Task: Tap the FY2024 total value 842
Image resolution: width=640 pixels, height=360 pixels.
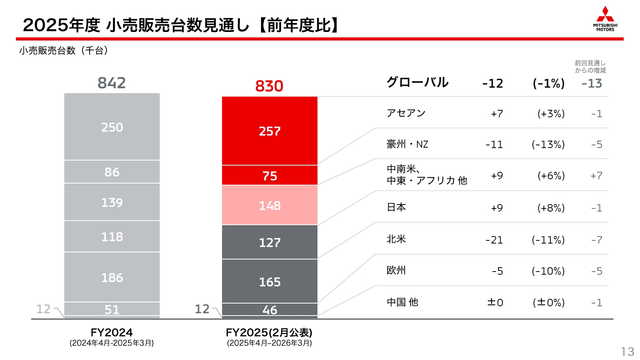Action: [111, 83]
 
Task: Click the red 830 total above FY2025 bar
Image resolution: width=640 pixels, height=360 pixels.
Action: [269, 86]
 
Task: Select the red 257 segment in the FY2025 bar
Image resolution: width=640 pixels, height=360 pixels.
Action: [270, 131]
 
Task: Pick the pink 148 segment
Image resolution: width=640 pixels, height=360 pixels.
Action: [270, 205]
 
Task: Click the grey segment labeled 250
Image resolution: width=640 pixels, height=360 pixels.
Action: [112, 127]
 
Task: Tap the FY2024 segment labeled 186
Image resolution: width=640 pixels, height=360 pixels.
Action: [112, 277]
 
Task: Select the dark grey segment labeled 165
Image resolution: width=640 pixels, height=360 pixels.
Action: [270, 281]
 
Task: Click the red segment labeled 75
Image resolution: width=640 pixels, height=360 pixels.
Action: [270, 176]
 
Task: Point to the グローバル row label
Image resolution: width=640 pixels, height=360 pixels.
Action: [417, 82]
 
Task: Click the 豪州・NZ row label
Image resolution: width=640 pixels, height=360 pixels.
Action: [407, 144]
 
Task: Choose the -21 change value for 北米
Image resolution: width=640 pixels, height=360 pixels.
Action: [494, 240]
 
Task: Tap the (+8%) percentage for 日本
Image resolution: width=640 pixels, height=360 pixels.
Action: [551, 208]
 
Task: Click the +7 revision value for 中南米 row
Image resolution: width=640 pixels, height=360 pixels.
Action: [596, 176]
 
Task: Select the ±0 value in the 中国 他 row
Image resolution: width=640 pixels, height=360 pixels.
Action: [495, 302]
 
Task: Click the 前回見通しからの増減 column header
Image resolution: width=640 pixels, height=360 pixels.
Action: [590, 67]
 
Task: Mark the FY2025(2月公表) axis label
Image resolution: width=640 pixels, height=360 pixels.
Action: [269, 332]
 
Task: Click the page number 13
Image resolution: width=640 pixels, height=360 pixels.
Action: [628, 351]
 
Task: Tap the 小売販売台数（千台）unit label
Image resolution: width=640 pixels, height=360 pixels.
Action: [63, 50]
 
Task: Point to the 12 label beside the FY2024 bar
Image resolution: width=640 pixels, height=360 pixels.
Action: [43, 309]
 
